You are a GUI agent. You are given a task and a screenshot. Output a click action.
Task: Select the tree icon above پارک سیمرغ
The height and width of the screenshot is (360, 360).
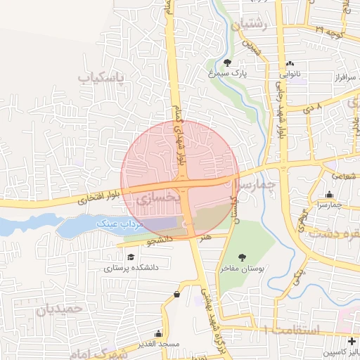pos(226,62)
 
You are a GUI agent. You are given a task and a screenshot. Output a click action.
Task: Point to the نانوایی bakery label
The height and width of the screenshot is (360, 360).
pos(290,73)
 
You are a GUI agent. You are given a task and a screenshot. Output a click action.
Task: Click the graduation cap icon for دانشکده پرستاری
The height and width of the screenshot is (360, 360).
pos(131,255)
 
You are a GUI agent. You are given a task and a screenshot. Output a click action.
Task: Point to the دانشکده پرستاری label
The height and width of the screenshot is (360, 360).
pos(131,268)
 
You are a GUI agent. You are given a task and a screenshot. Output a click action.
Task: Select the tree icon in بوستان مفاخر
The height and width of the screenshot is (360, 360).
pos(243,258)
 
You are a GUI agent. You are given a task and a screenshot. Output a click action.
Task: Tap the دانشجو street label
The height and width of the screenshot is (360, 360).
pos(159,240)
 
